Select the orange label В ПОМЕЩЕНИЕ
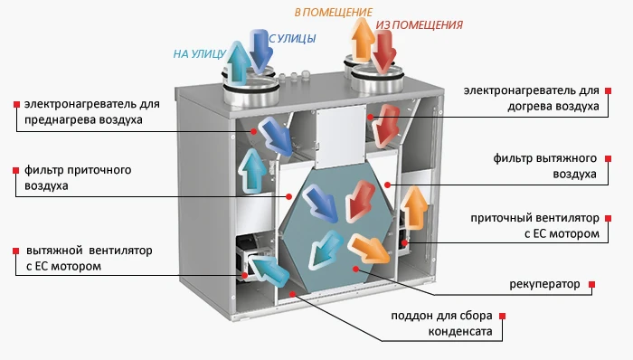pyautogui.click(x=333, y=12)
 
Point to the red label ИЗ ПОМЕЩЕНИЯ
pyautogui.click(x=419, y=24)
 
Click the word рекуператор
pyautogui.click(x=544, y=284)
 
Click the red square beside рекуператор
pyautogui.click(x=592, y=284)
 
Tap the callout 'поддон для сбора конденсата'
pyautogui.click(x=441, y=324)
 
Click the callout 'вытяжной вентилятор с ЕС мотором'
pyautogui.click(x=82, y=258)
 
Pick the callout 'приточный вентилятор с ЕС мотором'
pyautogui.click(x=534, y=226)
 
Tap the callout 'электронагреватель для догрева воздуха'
pyautogui.click(x=532, y=99)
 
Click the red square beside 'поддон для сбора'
pyautogui.click(x=503, y=316)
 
